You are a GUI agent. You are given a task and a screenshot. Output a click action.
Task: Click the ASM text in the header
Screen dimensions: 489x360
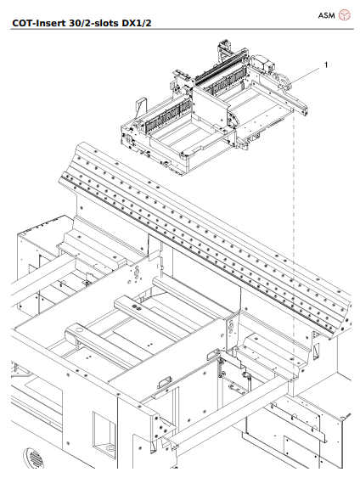pos(326,15)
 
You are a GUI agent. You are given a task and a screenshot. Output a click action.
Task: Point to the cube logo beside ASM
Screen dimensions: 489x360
pos(345,15)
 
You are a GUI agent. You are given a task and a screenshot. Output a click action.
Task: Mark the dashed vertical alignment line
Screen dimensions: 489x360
pos(293,255)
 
